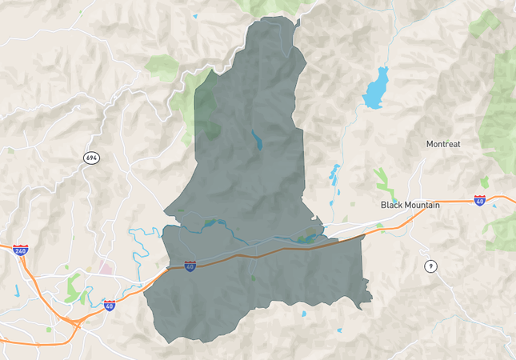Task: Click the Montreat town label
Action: coord(443,144)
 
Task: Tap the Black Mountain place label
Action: coord(410,205)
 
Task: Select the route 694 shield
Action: coord(91,158)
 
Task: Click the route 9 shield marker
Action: coord(431,266)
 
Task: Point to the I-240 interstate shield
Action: coord(20,250)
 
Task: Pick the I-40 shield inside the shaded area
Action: coord(190,266)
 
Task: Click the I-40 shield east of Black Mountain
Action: coord(480,200)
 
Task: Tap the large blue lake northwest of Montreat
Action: coord(374,90)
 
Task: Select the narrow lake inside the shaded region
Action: coord(256,141)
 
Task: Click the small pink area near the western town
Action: coord(105,269)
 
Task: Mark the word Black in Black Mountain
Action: coord(391,205)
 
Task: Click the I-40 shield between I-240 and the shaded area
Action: coord(109,305)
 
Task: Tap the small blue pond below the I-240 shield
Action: coord(16,289)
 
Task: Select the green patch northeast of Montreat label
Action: coord(484,24)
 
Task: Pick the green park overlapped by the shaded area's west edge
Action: coord(206,108)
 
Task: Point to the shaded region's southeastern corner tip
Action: coord(371,302)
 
